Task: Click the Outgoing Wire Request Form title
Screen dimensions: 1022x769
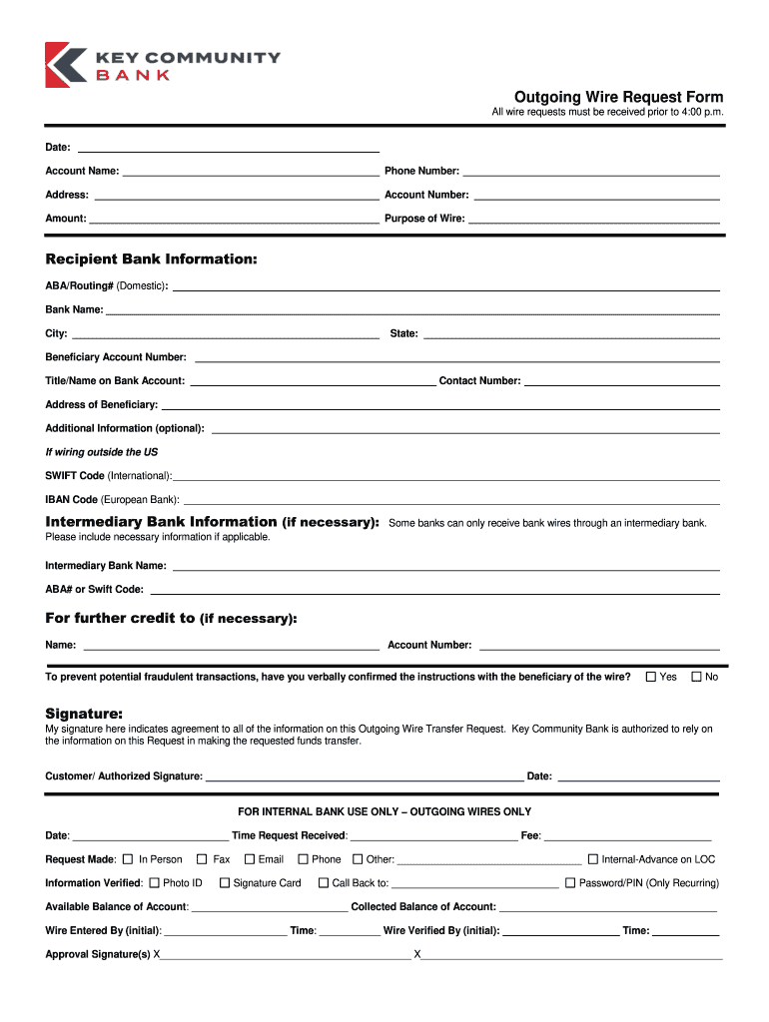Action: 618,97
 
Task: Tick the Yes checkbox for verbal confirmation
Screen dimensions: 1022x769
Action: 651,677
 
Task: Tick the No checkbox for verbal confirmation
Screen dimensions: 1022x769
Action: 697,677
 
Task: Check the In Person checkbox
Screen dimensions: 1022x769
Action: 128,859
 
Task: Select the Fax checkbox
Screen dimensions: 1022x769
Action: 202,859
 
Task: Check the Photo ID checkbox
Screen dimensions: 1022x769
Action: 154,883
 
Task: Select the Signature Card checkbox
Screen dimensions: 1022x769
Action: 225,883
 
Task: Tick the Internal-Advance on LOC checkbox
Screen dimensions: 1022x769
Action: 592,859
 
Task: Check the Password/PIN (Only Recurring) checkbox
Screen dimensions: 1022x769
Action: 570,883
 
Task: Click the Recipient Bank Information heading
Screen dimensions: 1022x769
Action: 151,259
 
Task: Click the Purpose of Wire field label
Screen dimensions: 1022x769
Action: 424,219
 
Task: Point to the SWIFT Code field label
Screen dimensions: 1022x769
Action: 75,476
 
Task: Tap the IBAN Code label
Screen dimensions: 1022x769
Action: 71,500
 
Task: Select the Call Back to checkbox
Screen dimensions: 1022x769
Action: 324,883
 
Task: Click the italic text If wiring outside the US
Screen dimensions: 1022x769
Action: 101,452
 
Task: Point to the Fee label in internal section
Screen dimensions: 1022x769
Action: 530,835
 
